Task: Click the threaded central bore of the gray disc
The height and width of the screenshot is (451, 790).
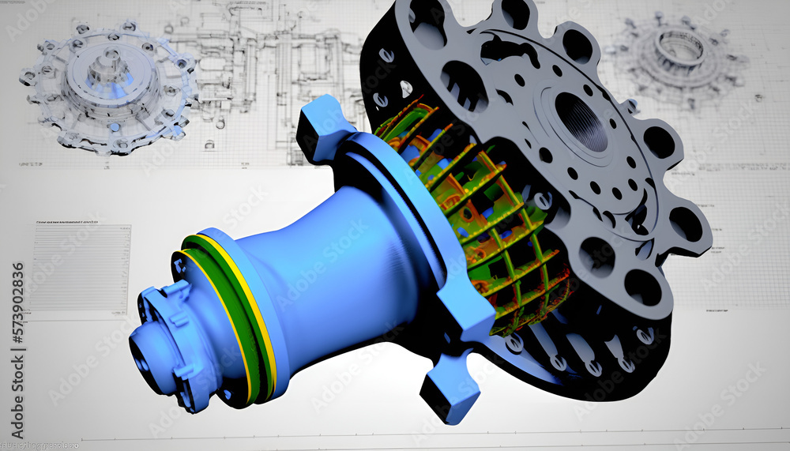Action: pos(581,121)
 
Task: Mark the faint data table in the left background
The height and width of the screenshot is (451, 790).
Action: pos(79,269)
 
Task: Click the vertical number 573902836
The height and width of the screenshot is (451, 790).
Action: pos(17,324)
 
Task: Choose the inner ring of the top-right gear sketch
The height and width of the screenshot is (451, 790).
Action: pos(679,47)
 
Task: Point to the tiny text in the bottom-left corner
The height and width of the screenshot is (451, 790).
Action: pos(39,445)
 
